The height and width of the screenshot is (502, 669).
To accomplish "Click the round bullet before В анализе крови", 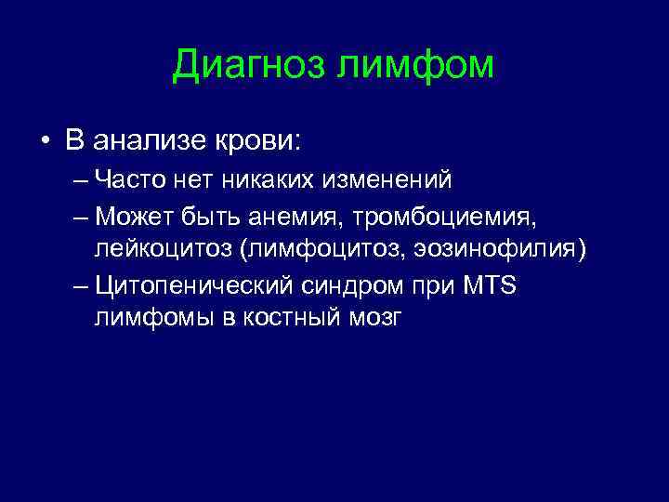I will point(44,142).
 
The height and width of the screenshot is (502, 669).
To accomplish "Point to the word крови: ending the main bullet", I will point(259,141).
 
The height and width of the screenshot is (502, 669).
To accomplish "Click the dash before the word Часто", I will point(81,178).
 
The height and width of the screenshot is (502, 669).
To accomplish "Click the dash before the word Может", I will point(81,217).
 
